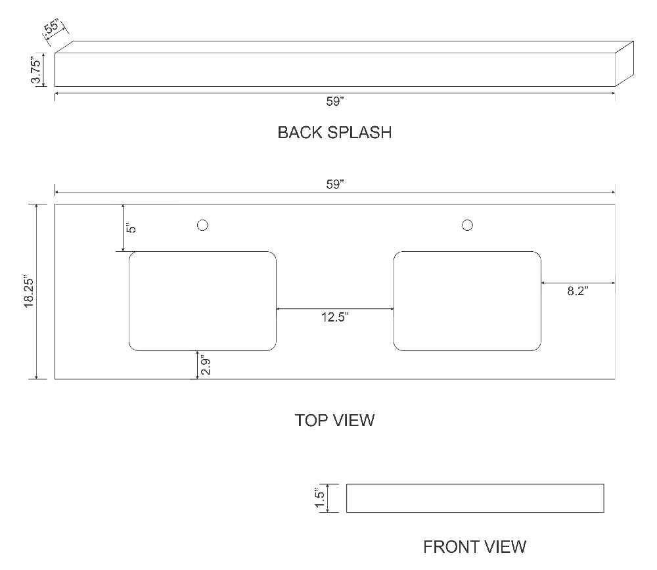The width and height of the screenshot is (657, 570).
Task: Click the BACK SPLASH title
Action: click(334, 133)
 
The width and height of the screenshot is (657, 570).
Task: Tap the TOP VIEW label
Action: click(334, 420)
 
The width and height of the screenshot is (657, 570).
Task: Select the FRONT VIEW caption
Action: click(474, 547)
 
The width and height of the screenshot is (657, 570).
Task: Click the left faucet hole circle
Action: click(202, 226)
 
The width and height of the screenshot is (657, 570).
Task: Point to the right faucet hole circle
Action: click(467, 226)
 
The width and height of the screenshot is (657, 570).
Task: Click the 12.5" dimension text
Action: click(335, 317)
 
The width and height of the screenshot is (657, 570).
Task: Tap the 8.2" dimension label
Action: click(578, 291)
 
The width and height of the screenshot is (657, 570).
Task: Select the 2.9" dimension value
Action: click(205, 366)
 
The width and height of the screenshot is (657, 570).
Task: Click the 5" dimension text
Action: click(131, 227)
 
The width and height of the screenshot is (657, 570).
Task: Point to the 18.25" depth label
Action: click(28, 292)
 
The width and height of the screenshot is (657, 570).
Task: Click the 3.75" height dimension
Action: click(36, 70)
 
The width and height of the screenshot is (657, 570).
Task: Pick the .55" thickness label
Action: click(53, 26)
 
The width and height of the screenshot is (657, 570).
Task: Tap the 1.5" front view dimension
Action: click(320, 498)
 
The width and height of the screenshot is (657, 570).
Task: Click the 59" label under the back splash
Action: click(335, 101)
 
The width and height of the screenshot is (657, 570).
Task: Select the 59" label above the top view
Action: click(335, 185)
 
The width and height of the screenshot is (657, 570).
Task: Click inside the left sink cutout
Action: click(202, 301)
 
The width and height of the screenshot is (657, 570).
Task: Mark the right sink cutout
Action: click(467, 301)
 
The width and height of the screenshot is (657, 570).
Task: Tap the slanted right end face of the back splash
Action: click(624, 64)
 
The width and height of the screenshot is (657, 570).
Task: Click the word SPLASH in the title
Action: click(359, 133)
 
